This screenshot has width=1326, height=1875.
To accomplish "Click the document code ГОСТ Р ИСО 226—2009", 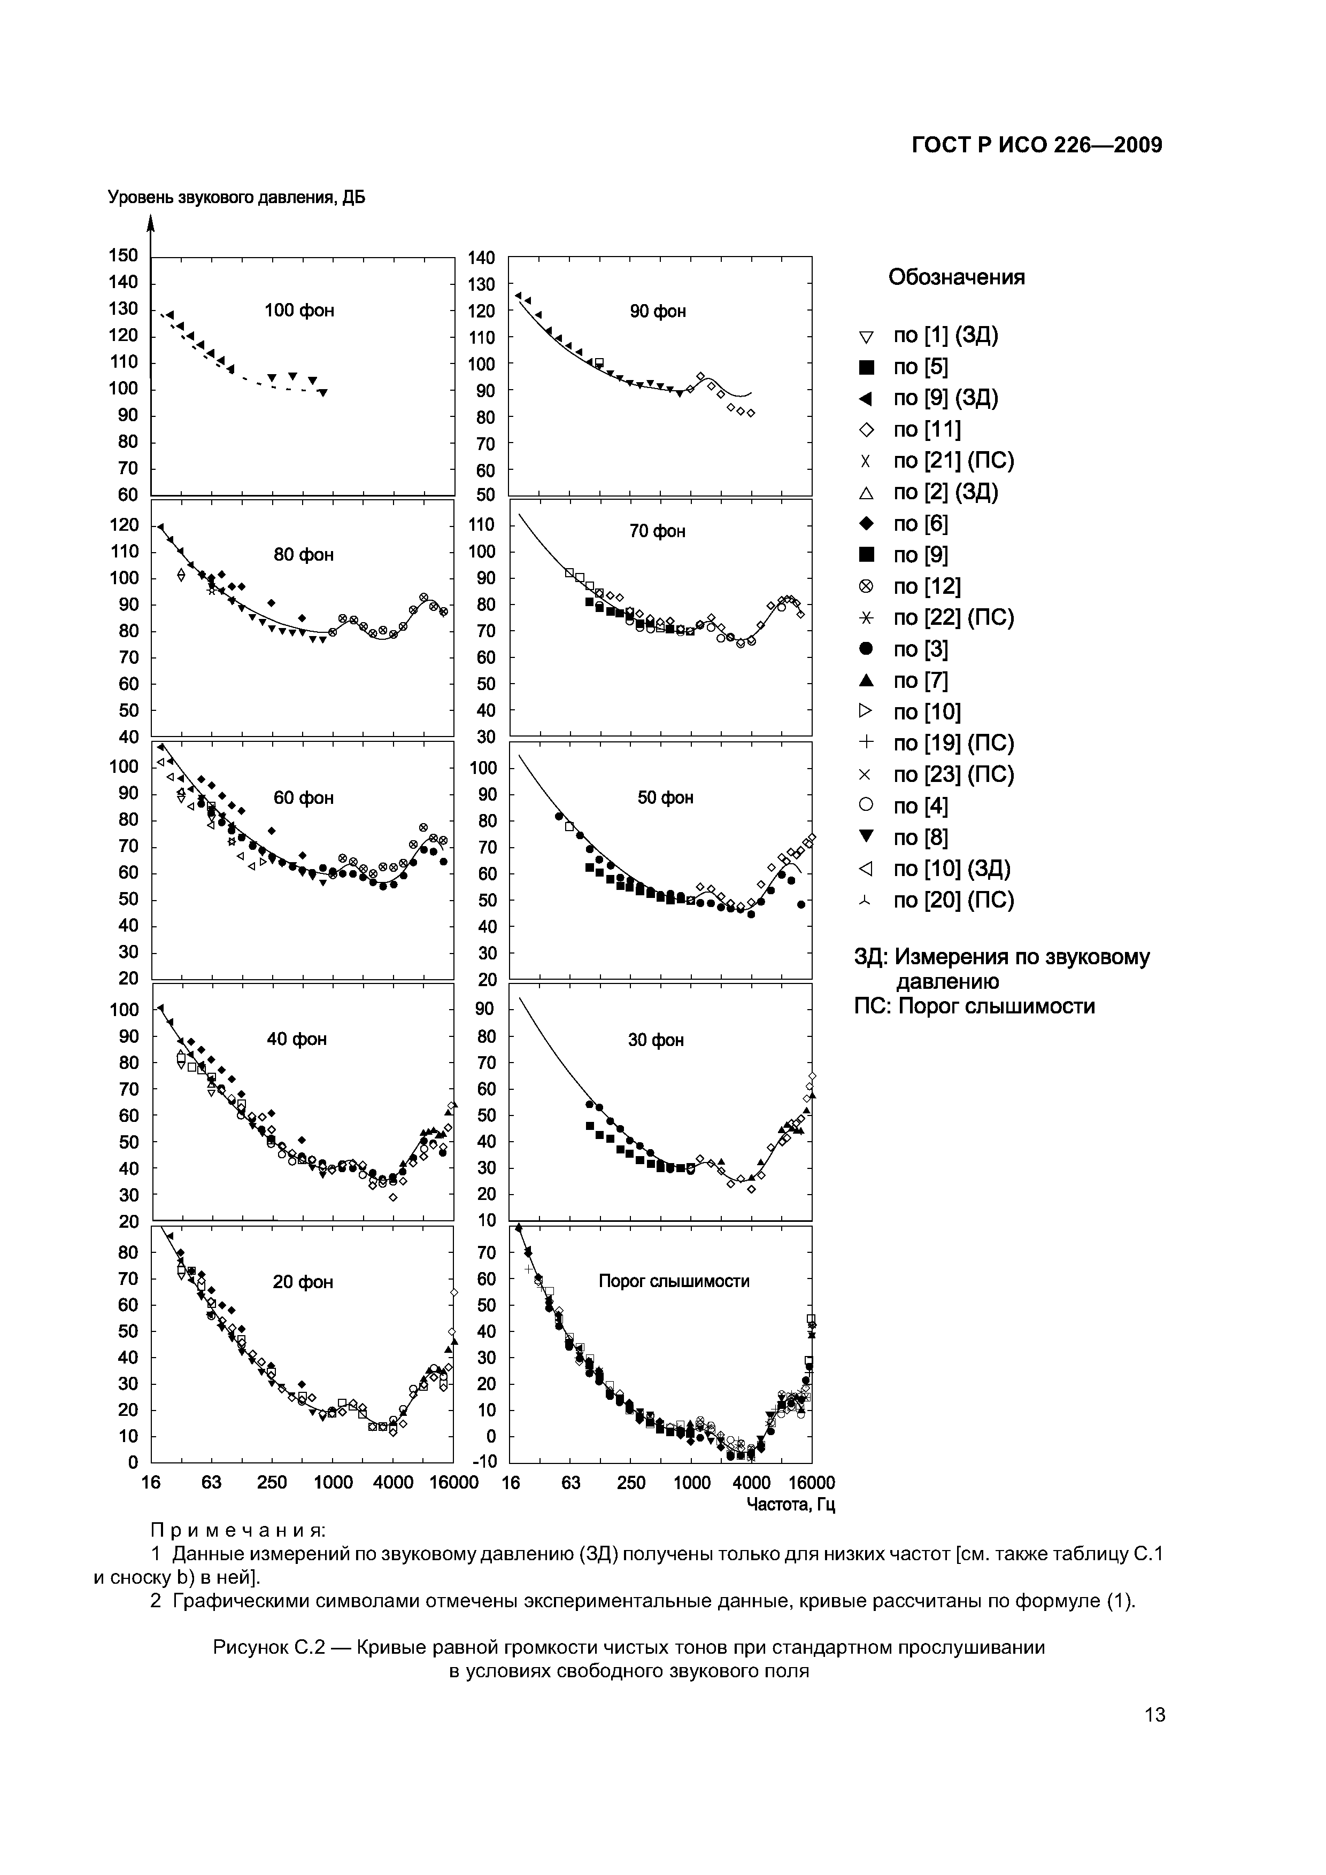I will [x=1036, y=145].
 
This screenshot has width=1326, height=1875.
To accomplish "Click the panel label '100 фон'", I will [x=299, y=311].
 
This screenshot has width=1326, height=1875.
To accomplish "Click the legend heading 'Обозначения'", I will [x=956, y=277].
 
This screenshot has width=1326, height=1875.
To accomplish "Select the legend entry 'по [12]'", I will [x=927, y=586].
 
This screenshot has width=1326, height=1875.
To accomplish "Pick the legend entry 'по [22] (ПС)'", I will [x=953, y=618].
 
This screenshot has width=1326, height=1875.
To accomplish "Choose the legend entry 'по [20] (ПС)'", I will [x=953, y=900].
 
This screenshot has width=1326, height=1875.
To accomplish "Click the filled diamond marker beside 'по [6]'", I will [x=866, y=523].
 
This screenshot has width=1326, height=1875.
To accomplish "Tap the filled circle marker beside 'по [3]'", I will [x=866, y=649].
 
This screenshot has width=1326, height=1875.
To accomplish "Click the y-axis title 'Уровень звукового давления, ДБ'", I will [x=237, y=198].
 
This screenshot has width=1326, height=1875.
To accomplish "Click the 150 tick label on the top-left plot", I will [x=124, y=255].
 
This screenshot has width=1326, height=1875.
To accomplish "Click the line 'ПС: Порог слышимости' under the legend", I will [x=974, y=1006].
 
